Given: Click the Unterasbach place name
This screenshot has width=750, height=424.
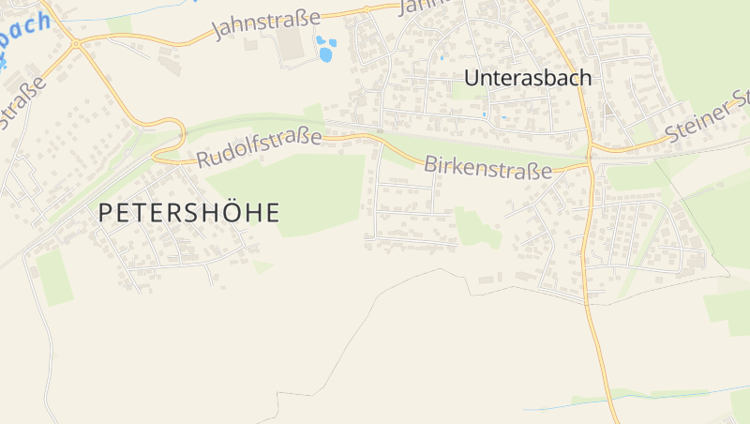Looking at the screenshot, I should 529,78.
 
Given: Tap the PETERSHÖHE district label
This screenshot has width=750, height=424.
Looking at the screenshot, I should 188,213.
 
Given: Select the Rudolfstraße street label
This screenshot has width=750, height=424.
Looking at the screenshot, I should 259,147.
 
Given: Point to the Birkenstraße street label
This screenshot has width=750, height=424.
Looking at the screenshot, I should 487,167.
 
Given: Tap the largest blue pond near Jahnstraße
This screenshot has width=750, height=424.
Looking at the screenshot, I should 325,54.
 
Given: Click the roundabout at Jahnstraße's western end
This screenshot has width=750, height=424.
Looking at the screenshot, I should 76,43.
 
